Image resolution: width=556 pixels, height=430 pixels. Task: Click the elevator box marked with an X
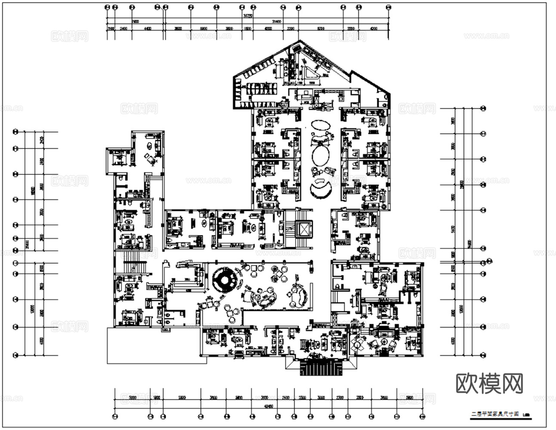(305, 229)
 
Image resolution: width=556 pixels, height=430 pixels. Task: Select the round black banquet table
(224, 280)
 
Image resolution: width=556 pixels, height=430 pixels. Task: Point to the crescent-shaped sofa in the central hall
(321, 189)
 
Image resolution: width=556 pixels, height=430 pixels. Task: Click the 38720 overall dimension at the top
(247, 15)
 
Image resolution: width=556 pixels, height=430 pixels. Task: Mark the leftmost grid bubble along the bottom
(114, 416)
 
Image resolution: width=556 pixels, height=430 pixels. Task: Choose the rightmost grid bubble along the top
(389, 7)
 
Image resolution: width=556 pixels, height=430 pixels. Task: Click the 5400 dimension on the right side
(452, 229)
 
